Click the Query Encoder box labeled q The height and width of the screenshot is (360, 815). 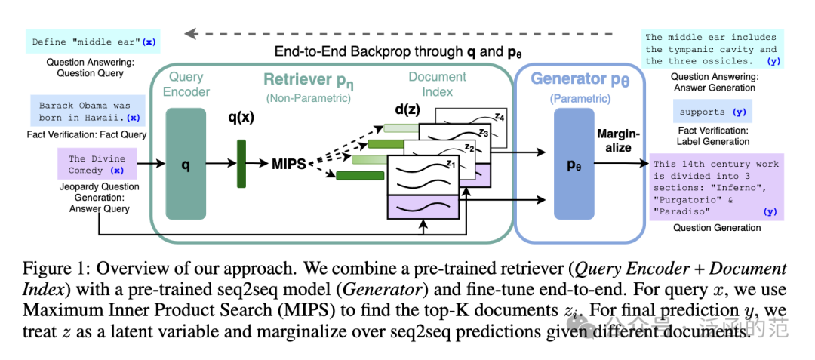click(x=186, y=165)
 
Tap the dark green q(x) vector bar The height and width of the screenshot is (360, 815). click(x=241, y=163)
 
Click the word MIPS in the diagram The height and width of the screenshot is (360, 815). click(x=289, y=165)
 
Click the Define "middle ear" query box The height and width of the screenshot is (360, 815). click(x=93, y=42)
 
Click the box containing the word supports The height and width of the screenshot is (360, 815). click(x=712, y=112)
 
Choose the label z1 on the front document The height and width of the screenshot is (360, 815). click(x=451, y=165)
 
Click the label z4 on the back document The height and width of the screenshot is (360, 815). click(x=499, y=116)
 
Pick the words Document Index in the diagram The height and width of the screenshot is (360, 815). click(x=430, y=85)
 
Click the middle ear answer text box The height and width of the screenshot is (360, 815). click(x=712, y=49)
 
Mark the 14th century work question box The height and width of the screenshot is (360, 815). click(x=717, y=187)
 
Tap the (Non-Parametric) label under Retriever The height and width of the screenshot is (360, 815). click(x=308, y=97)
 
